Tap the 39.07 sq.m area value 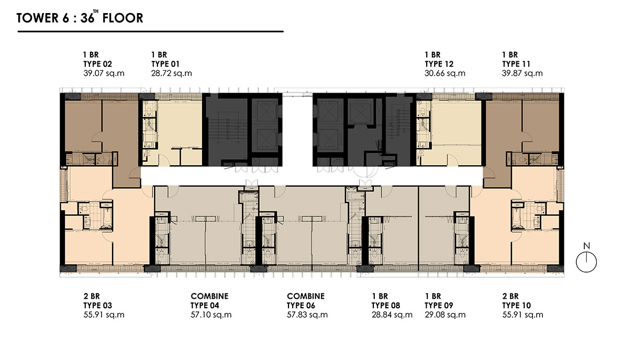(104, 74)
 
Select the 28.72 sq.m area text (172, 74)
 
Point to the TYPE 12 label (439, 64)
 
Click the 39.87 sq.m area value (522, 74)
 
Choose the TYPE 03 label (98, 306)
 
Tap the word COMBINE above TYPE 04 (209, 296)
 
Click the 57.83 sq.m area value (307, 315)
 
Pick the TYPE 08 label (386, 306)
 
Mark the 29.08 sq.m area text (445, 315)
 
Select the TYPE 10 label (517, 306)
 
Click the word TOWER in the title (37, 18)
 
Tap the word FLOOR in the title (123, 18)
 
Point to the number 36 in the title (87, 18)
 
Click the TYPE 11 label (516, 64)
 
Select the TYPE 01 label (165, 64)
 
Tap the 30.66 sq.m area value (445, 74)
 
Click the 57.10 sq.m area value (211, 315)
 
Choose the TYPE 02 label (98, 64)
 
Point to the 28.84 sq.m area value (392, 315)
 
